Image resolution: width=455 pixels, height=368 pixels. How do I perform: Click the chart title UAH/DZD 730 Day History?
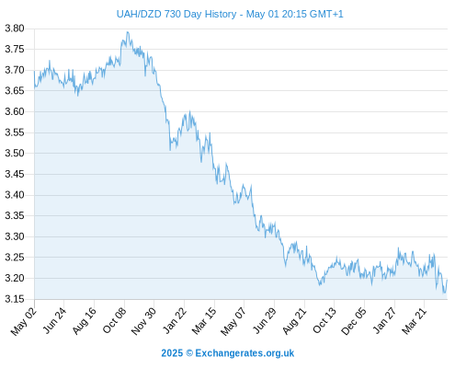(x=176, y=14)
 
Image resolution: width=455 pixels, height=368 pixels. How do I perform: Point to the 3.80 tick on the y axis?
(x=15, y=29)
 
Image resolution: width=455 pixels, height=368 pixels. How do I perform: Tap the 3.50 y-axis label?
(x=15, y=153)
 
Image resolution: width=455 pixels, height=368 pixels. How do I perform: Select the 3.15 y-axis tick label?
(x=15, y=299)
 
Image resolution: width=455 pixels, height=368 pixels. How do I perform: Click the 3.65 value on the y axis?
(x=15, y=91)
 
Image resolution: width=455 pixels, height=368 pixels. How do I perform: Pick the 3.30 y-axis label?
(x=15, y=236)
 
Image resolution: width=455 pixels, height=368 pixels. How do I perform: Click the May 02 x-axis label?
(x=24, y=321)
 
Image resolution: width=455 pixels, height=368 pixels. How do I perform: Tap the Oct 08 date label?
(x=114, y=320)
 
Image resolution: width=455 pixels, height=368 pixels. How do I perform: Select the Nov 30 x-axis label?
(x=143, y=321)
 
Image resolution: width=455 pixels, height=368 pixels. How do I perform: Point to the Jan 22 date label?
(x=175, y=320)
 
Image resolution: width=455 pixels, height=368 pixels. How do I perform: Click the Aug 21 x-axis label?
(x=294, y=321)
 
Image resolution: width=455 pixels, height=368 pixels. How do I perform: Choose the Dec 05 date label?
(x=354, y=321)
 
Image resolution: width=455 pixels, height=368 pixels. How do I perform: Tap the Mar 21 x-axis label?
(x=414, y=320)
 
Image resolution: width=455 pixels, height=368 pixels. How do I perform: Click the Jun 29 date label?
(x=265, y=320)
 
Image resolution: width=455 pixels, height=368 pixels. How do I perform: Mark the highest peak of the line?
(x=128, y=32)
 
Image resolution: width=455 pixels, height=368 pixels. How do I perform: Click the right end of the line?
(x=447, y=280)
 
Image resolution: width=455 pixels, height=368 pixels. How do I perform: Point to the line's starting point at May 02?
(x=34, y=71)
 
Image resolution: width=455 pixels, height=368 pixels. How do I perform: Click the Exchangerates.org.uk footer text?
(x=245, y=353)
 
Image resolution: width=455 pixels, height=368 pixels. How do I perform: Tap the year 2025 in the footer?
(x=172, y=353)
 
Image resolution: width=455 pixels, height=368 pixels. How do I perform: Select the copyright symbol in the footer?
(x=189, y=353)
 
